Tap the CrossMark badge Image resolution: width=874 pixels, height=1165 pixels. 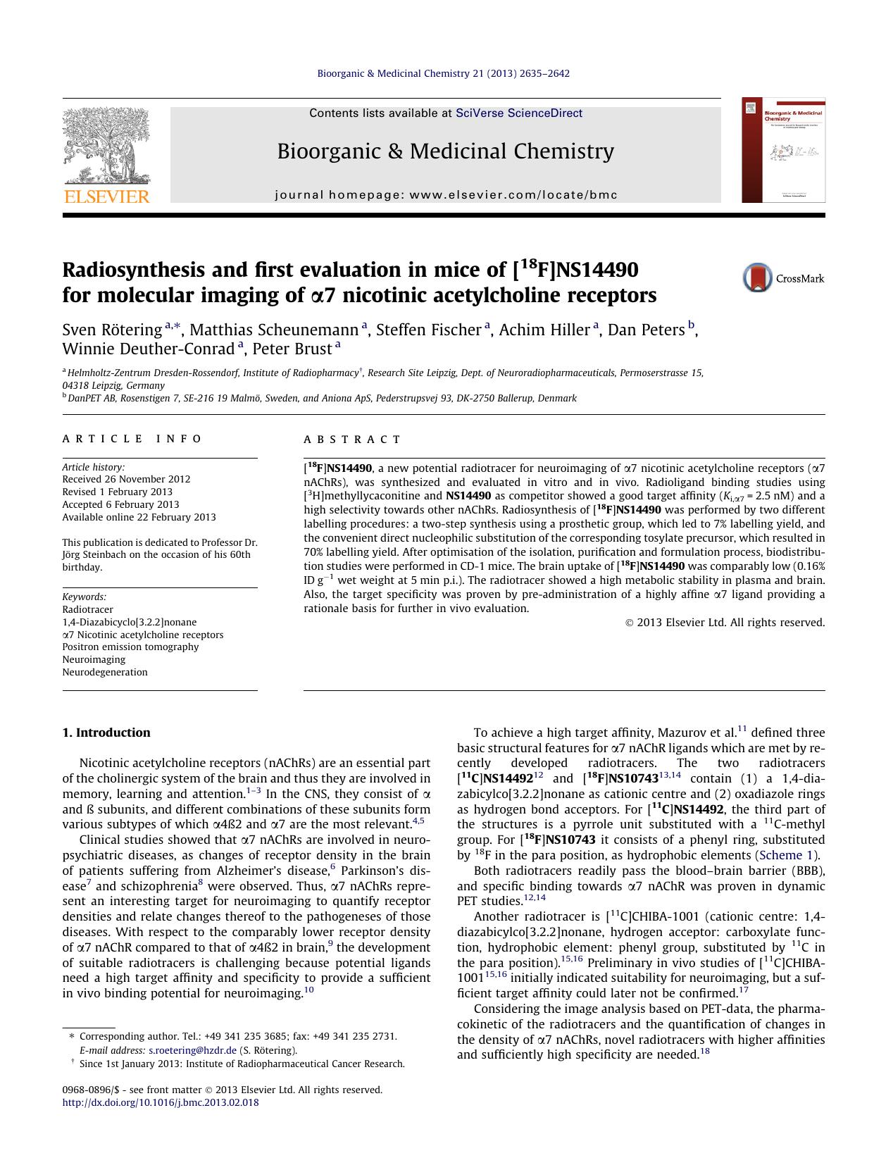pos(783,278)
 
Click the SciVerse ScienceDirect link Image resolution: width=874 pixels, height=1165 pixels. pos(518,113)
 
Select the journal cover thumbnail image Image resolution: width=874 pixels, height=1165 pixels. pos(783,150)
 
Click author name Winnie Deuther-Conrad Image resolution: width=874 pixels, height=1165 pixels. pos(148,349)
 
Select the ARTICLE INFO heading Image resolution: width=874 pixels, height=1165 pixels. pos(132,439)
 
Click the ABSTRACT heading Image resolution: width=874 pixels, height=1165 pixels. pos(352,440)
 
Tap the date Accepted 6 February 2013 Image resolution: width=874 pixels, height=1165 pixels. pos(120,504)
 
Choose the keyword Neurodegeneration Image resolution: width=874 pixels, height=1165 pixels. pos(105,672)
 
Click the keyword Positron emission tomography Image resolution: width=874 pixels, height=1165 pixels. pos(130,647)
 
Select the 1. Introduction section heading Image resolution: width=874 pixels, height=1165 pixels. pos(106,733)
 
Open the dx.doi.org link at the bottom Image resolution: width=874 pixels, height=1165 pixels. pos(161,1102)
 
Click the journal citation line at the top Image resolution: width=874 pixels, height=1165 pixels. pos(443,73)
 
